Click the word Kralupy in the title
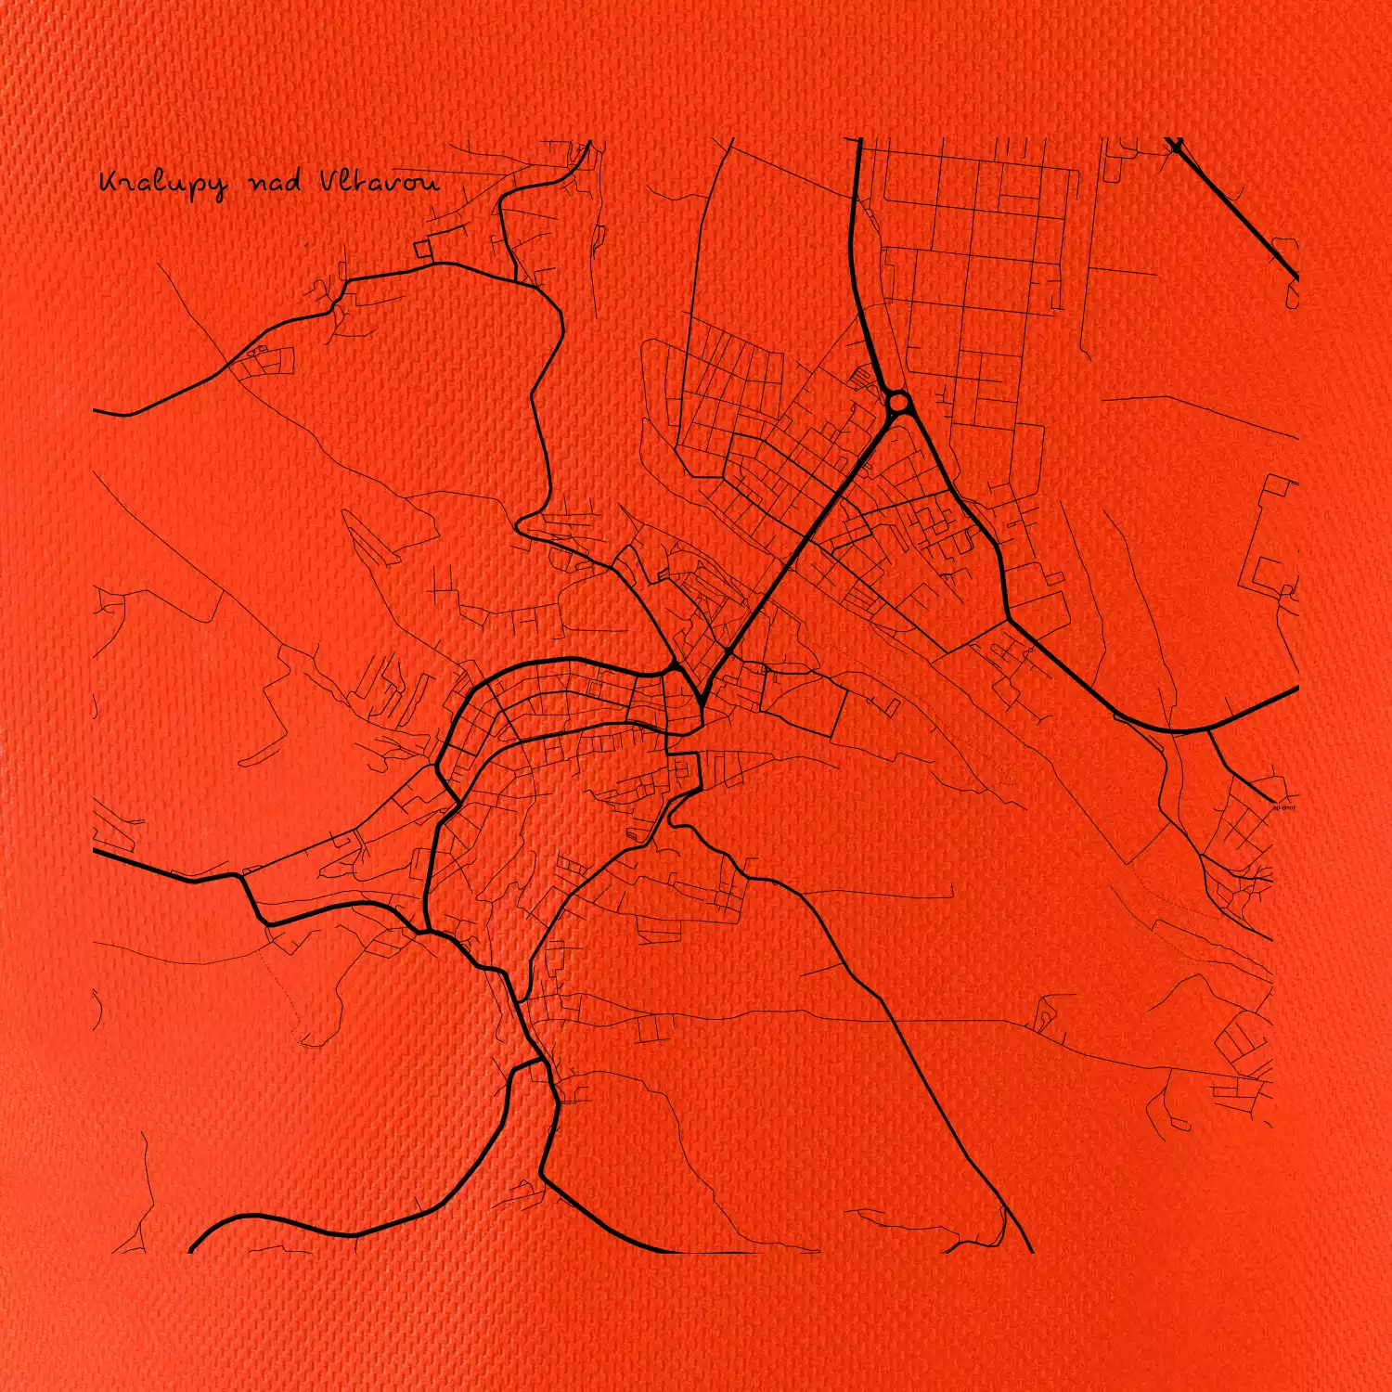click(x=161, y=184)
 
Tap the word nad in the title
click(x=276, y=183)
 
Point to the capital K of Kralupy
click(x=110, y=182)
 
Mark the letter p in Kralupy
click(x=193, y=187)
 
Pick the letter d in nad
click(x=294, y=181)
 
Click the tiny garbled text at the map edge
click(x=1283, y=807)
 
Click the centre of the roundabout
click(x=898, y=403)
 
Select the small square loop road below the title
click(x=423, y=249)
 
